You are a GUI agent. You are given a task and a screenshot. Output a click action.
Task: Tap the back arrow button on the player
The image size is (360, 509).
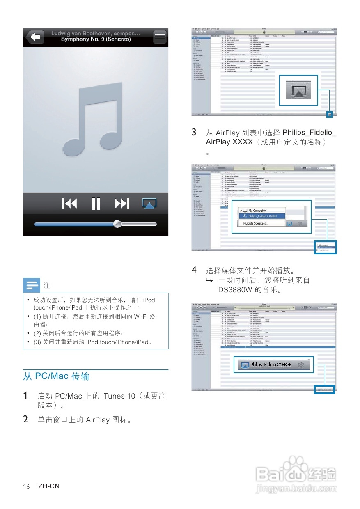point(35,37)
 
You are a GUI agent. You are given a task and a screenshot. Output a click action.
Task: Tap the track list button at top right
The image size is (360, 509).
point(159,37)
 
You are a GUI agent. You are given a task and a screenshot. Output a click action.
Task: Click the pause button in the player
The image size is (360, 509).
point(96,203)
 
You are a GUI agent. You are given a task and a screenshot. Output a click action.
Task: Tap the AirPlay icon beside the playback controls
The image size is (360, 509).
point(149,203)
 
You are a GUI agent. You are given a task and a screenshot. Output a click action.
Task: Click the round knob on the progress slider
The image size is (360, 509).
point(117,224)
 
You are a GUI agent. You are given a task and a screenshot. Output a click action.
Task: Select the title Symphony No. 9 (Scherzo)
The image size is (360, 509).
point(96,39)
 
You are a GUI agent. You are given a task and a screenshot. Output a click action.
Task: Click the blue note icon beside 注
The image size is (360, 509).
point(32,284)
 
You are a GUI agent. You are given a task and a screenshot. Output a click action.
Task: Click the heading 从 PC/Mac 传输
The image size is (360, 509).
point(56,376)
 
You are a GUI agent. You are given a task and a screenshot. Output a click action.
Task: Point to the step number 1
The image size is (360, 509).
point(25,396)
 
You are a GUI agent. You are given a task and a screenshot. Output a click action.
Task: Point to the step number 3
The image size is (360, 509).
point(194,133)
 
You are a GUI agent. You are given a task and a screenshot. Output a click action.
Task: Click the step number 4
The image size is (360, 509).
point(194,270)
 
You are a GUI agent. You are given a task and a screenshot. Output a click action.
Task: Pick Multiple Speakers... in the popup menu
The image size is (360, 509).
point(255,223)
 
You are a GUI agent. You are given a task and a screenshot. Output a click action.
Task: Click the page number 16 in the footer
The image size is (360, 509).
point(26,487)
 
